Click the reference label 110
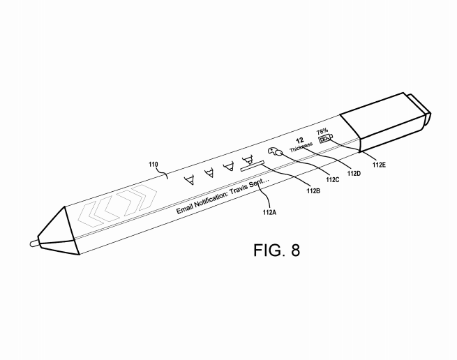[154, 165]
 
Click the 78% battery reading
[322, 130]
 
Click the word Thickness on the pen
[302, 147]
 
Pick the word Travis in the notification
[232, 191]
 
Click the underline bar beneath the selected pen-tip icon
[253, 165]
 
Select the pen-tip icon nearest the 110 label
[188, 181]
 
